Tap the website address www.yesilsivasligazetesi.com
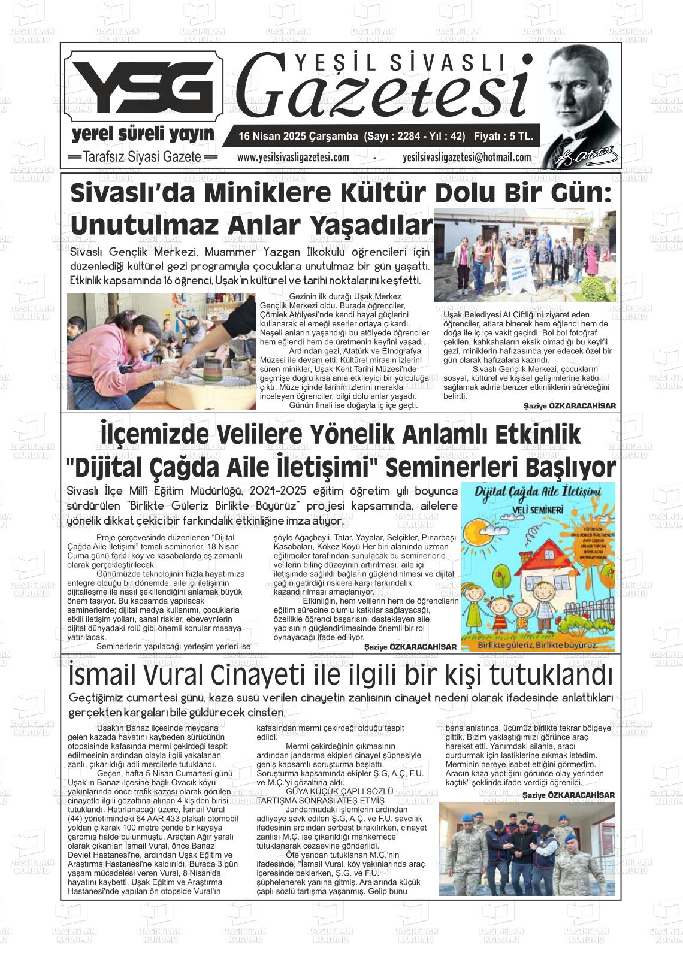[293, 158]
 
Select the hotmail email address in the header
[467, 158]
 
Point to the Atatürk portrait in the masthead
[578, 96]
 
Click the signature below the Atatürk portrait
[585, 156]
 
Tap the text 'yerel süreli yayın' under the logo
[143, 134]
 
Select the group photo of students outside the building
[525, 255]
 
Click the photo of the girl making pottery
[161, 351]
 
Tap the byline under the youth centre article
[569, 406]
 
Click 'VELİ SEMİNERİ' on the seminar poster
[537, 510]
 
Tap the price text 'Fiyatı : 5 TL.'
[503, 137]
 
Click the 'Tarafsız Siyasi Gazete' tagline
[141, 157]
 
